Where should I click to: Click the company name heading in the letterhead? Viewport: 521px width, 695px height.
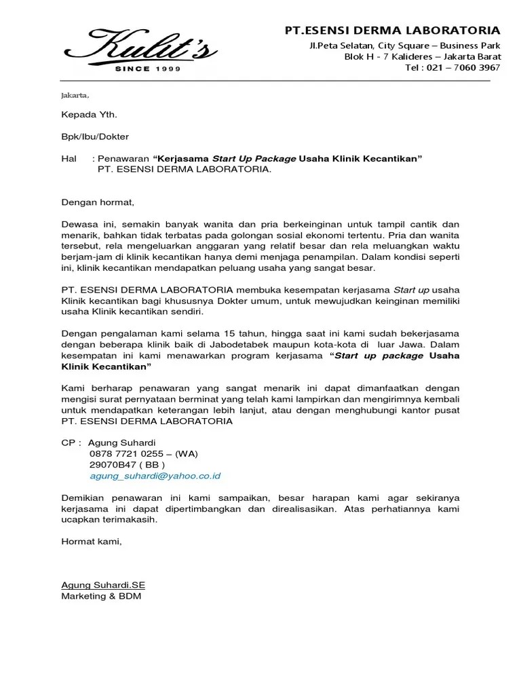click(392, 31)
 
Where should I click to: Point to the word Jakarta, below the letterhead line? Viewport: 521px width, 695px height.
click(75, 94)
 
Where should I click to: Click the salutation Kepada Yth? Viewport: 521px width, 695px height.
click(84, 115)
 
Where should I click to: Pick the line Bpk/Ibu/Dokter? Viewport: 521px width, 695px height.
click(94, 136)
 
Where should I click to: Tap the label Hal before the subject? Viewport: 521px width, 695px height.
click(69, 158)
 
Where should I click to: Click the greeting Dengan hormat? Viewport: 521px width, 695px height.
click(98, 202)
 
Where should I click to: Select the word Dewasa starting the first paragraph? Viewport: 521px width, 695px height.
click(80, 224)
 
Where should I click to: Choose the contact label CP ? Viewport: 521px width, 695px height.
click(71, 443)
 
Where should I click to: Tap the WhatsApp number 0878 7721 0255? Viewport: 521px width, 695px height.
click(129, 454)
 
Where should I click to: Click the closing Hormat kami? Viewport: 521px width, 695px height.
click(92, 542)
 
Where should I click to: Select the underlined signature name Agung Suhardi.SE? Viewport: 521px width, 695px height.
click(103, 585)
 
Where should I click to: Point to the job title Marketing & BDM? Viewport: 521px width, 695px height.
click(101, 596)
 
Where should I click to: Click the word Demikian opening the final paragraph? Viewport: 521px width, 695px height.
click(83, 497)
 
